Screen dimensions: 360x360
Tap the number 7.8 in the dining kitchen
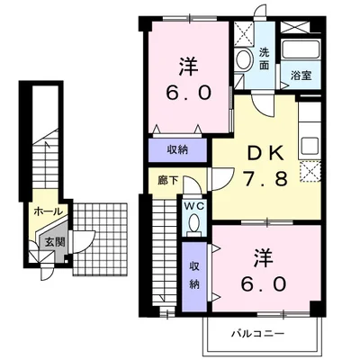coord(265,179)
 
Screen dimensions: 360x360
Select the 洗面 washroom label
coord(264,58)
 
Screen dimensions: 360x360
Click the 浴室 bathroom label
coord(301,76)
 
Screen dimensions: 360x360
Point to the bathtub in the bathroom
coord(301,49)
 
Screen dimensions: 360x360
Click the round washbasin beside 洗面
coord(244,60)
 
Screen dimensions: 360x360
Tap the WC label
coord(194,206)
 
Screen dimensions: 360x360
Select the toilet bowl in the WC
coord(194,222)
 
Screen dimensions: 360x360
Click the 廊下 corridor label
coord(168,181)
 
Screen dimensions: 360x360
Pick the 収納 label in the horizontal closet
coord(177,149)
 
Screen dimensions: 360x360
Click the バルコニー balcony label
coord(257,333)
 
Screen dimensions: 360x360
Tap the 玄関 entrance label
coord(55,241)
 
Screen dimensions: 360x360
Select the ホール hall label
coord(49,211)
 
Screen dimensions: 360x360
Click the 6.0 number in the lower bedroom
coord(263,283)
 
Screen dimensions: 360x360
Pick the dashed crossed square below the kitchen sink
coord(310,171)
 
